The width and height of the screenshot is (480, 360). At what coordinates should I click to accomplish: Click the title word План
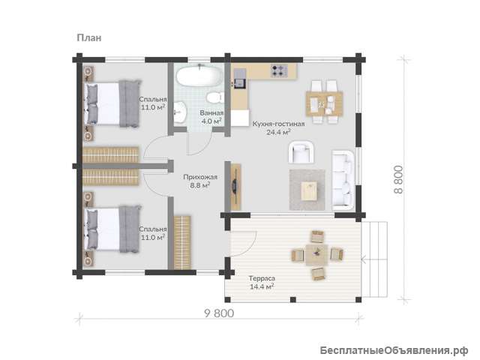point(88,38)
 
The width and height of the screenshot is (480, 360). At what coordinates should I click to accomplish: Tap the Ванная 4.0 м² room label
point(211,117)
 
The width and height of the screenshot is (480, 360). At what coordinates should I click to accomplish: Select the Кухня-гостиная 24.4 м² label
point(278,128)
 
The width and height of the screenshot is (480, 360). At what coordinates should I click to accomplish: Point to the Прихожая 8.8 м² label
point(200,181)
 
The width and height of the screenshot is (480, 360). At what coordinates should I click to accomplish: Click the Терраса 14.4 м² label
point(262,283)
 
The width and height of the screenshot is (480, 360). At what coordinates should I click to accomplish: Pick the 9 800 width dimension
point(219,313)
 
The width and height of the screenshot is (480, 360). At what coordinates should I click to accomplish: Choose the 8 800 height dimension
point(398,179)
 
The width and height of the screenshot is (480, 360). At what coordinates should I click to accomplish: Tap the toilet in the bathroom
point(214,98)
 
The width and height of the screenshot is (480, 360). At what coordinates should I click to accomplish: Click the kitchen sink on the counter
point(240,83)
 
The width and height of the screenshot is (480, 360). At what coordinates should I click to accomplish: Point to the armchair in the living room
point(302,151)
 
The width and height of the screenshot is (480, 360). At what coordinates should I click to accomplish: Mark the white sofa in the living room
point(343,180)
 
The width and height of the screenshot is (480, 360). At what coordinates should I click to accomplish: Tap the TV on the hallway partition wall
point(235,186)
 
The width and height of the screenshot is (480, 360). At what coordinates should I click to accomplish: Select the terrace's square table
point(316,255)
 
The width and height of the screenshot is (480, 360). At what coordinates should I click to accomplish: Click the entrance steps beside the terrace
point(375,259)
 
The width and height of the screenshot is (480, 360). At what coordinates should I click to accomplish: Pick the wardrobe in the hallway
point(182,243)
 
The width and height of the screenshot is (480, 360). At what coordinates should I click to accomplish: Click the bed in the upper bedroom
point(112,103)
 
